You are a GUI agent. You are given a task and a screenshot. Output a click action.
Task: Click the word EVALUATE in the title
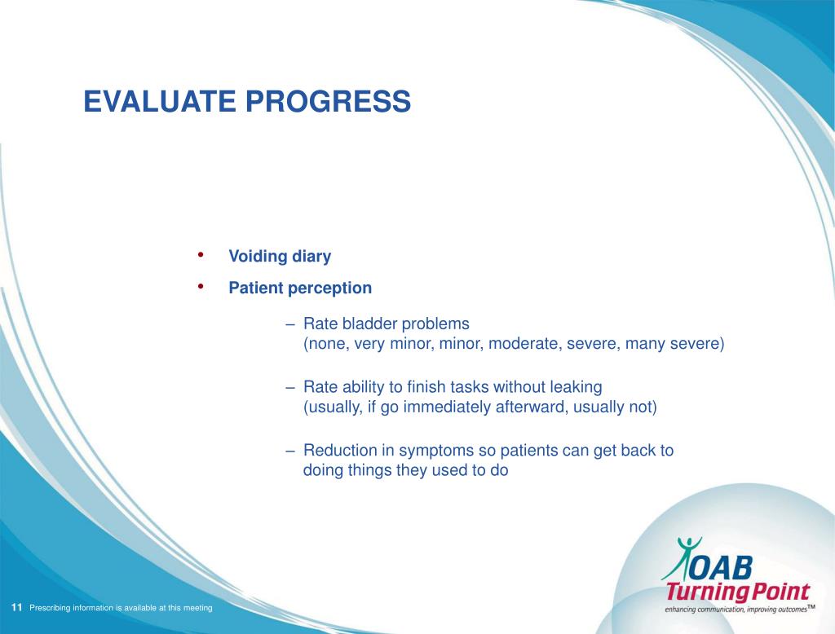[160, 101]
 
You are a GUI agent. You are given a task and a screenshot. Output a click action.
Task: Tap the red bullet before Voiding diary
[201, 254]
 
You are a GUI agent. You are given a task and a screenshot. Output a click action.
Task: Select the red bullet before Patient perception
[201, 286]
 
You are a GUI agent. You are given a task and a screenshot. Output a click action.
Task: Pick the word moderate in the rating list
[524, 343]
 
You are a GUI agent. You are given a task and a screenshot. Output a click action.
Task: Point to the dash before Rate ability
[290, 387]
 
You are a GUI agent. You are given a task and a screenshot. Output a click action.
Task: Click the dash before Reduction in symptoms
[290, 451]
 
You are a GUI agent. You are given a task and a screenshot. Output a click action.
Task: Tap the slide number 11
[16, 607]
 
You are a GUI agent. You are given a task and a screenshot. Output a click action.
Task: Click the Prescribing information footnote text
[121, 608]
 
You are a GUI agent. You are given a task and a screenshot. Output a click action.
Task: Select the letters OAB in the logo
[722, 568]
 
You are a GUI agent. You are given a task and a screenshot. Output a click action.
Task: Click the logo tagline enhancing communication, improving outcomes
[740, 610]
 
